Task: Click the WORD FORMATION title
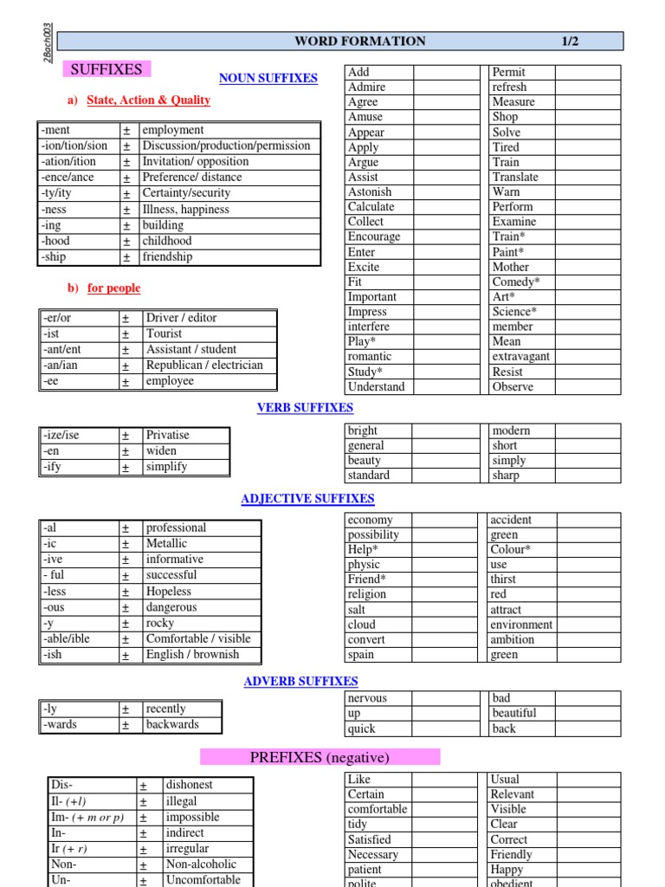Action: pos(360,41)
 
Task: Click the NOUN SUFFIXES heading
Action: pos(268,78)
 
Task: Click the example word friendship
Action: pos(167,256)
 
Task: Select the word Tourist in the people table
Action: pos(164,333)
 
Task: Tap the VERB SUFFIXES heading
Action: pos(305,408)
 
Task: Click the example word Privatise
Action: pos(167,435)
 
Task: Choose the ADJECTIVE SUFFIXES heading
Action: pos(307,499)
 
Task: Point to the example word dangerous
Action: pos(171,607)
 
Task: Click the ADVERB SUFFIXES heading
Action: pos(300,682)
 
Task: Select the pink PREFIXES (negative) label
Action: pos(320,758)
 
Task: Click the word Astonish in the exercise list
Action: pos(370,191)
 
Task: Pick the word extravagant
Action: pos(521,356)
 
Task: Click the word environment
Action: pos(521,625)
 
